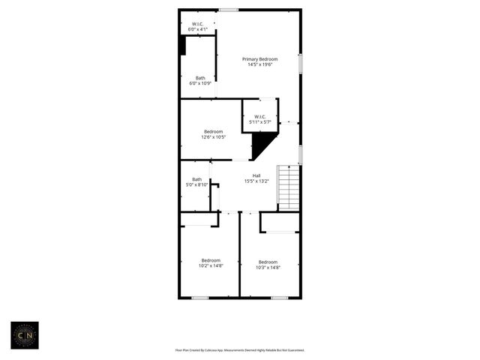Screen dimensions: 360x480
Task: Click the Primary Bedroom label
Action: coord(259,59)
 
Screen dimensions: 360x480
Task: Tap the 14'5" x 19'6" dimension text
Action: coord(259,64)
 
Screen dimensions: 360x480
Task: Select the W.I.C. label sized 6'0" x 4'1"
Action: coord(198,24)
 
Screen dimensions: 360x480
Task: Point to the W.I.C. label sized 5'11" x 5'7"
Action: coord(260,116)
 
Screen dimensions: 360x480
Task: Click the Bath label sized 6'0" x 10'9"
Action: coord(200,78)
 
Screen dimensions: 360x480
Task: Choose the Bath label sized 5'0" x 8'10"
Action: coord(196,179)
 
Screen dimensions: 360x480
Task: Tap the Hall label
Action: coord(256,175)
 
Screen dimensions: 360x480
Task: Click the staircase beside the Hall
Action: coord(289,187)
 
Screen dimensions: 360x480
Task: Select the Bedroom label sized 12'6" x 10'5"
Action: coord(213,132)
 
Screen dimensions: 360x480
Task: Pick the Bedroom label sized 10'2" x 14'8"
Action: coord(211,260)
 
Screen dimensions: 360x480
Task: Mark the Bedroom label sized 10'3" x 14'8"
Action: coord(268,262)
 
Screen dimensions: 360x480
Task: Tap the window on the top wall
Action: coord(229,10)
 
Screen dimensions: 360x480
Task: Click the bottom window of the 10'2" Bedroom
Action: coord(199,298)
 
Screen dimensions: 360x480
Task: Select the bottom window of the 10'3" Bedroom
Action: coord(280,298)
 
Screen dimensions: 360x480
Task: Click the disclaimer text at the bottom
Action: coord(240,349)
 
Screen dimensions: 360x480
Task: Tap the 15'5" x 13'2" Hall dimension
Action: coord(256,181)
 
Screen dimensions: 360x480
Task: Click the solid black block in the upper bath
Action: coord(182,45)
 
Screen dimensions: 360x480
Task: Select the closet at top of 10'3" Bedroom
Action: coord(280,222)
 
